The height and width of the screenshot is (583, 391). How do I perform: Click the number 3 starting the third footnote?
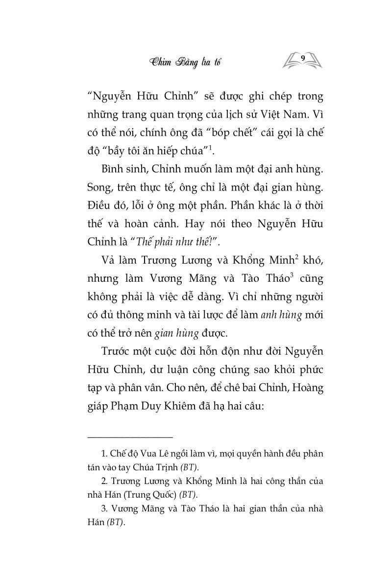pos(102,509)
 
